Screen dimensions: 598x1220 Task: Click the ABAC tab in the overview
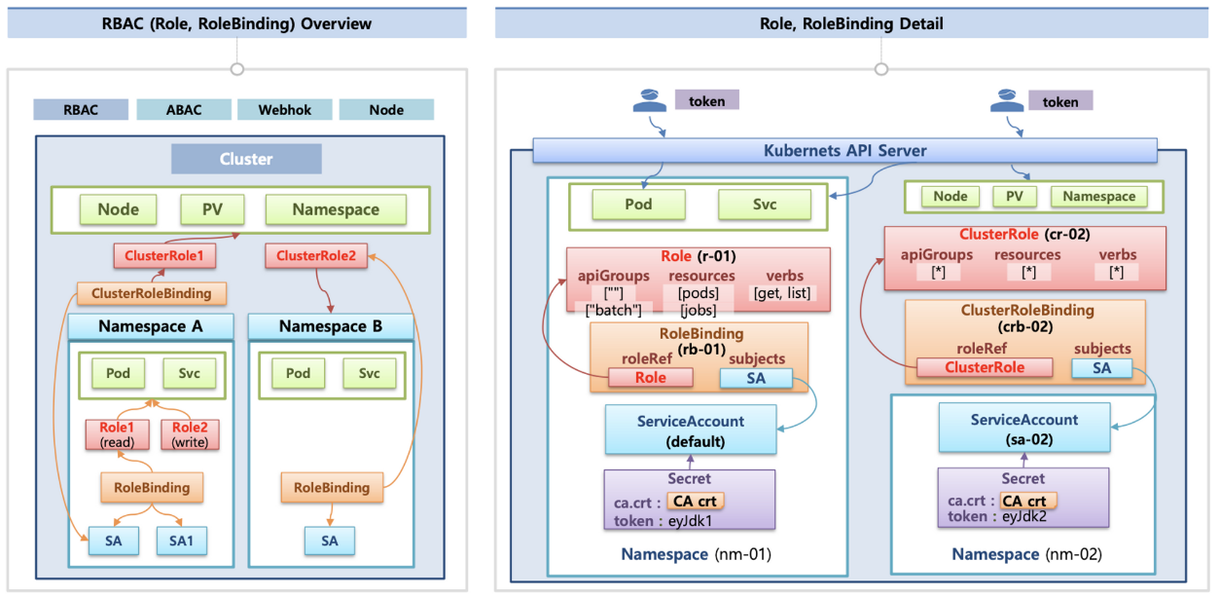pos(183,109)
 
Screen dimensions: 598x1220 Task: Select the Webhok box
pos(285,109)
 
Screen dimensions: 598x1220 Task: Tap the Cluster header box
pos(246,159)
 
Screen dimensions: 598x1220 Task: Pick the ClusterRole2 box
pos(316,256)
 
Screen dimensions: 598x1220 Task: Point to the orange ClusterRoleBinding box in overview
pos(151,293)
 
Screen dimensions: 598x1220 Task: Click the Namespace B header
pos(331,326)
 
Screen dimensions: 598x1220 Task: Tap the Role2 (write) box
pos(190,433)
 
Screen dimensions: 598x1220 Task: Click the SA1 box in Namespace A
pos(182,541)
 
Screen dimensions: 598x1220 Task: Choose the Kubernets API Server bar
pos(843,151)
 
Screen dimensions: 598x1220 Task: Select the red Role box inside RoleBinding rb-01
pos(651,378)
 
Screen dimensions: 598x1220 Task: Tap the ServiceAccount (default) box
pos(690,430)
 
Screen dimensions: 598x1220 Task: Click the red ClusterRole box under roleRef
pos(985,367)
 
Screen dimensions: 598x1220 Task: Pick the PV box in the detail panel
pos(1014,197)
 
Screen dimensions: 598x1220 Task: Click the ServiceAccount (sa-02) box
pos(1023,430)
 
